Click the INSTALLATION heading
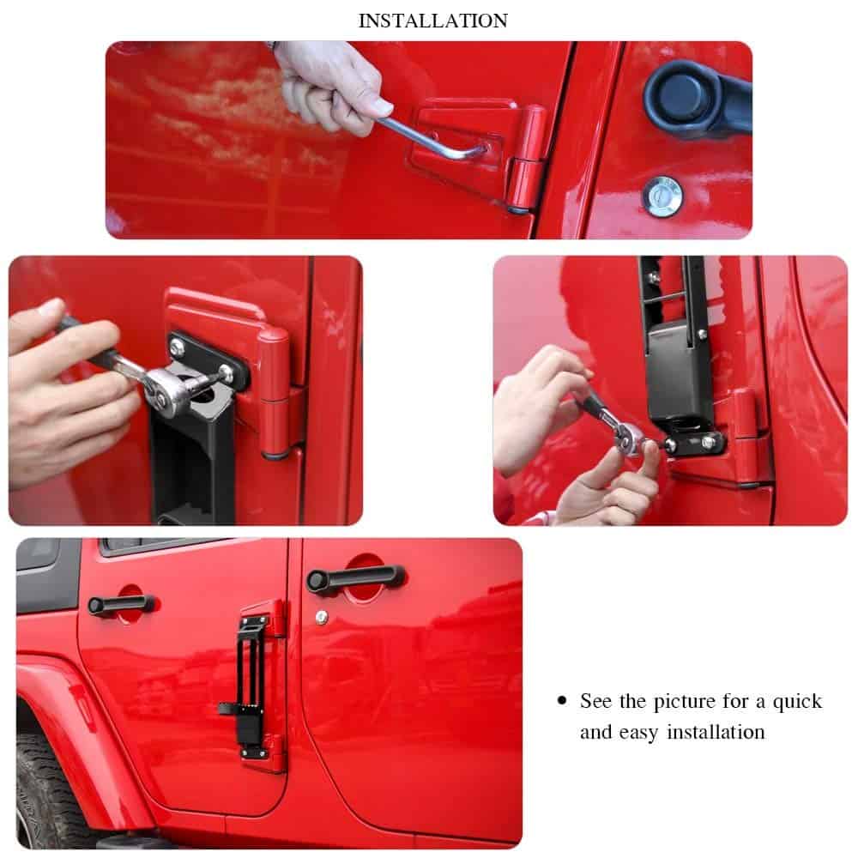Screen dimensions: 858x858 pyautogui.click(x=432, y=21)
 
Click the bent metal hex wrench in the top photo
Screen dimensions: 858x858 pyautogui.click(x=432, y=137)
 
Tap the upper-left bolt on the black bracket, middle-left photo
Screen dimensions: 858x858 pyautogui.click(x=177, y=347)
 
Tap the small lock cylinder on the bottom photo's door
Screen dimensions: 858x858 pyautogui.click(x=322, y=617)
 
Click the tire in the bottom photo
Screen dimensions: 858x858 pyautogui.click(x=46, y=794)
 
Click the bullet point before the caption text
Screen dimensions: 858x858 pyautogui.click(x=562, y=700)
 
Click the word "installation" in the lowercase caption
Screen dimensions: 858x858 pyautogui.click(x=716, y=732)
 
